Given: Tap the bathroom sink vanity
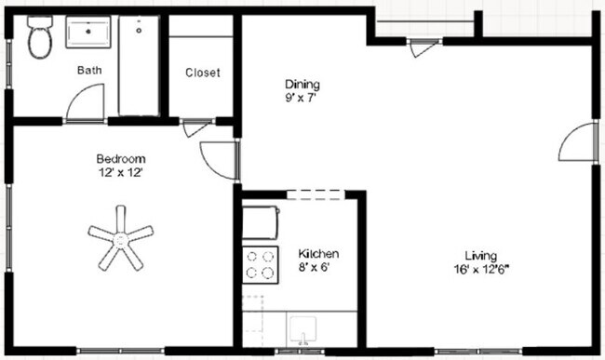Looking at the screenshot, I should pos(89,34).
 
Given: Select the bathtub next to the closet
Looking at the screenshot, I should pos(139,65).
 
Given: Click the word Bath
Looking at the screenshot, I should pos(89,70).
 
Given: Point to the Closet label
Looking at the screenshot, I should pos(202,73).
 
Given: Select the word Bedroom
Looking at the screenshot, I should pos(120,158).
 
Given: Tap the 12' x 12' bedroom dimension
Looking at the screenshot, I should pos(120,172).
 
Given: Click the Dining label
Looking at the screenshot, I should pos(302,83).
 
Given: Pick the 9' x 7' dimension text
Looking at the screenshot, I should pos(302,96).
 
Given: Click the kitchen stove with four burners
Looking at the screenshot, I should pos(260,264).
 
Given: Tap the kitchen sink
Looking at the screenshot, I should pos(303,331).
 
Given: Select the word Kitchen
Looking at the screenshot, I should pos(317,254).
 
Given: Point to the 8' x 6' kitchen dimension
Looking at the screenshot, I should pos(316,268).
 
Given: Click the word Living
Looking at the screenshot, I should pos(481,256).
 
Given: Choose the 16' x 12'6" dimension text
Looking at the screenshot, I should pos(481,271).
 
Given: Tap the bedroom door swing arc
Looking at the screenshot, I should pos(218,159).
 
